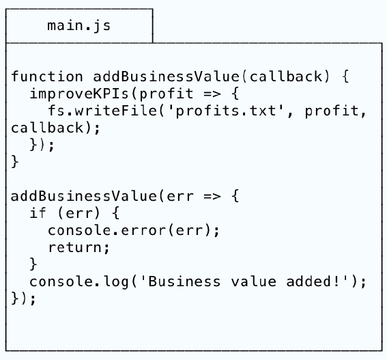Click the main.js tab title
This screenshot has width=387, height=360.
[x=79, y=26]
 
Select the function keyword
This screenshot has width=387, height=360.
[x=47, y=77]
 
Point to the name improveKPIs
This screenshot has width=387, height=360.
[x=79, y=94]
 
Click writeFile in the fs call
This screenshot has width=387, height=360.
[x=116, y=111]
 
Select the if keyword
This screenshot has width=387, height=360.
[x=38, y=212]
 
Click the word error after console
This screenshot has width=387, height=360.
[x=143, y=230]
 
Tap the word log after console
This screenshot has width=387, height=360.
[x=116, y=282]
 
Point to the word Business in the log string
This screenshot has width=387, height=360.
[x=184, y=281]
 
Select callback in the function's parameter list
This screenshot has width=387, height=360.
[x=286, y=77]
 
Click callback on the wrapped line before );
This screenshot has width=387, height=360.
[x=47, y=128]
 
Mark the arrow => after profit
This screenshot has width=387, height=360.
[x=212, y=94]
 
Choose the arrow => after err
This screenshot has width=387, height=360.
[x=212, y=197]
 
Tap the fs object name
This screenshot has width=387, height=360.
[x=57, y=111]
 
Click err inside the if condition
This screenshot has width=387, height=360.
[x=79, y=213]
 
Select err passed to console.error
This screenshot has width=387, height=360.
[x=189, y=230]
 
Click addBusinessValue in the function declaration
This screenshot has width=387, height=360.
[x=167, y=77]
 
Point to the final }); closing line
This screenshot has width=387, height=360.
[x=23, y=299]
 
